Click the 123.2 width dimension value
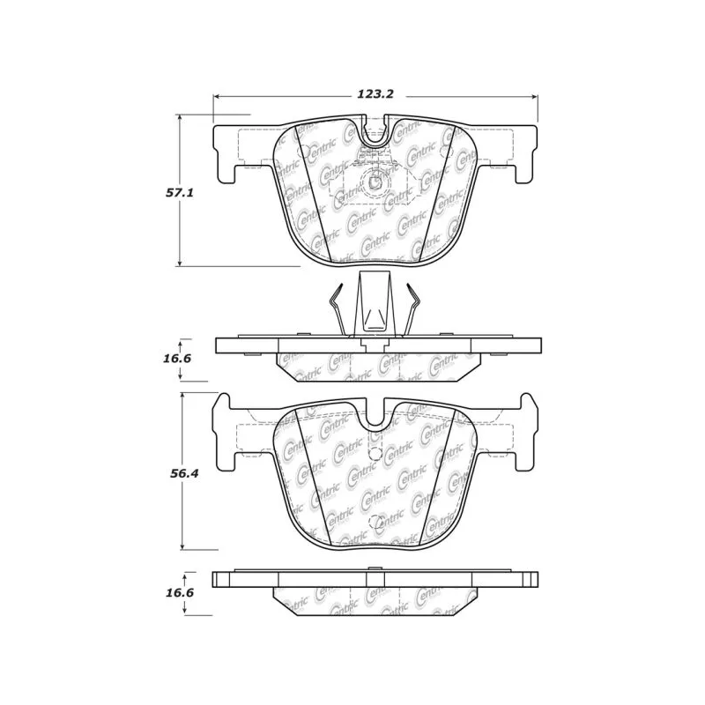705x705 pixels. [375, 94]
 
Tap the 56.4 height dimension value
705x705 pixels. [184, 473]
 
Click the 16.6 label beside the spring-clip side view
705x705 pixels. [178, 359]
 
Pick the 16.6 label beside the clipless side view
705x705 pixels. [180, 592]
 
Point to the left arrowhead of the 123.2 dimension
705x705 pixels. [216, 97]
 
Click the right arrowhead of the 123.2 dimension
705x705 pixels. [534, 97]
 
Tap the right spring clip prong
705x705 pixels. [412, 309]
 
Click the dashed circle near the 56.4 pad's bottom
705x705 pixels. [376, 522]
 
